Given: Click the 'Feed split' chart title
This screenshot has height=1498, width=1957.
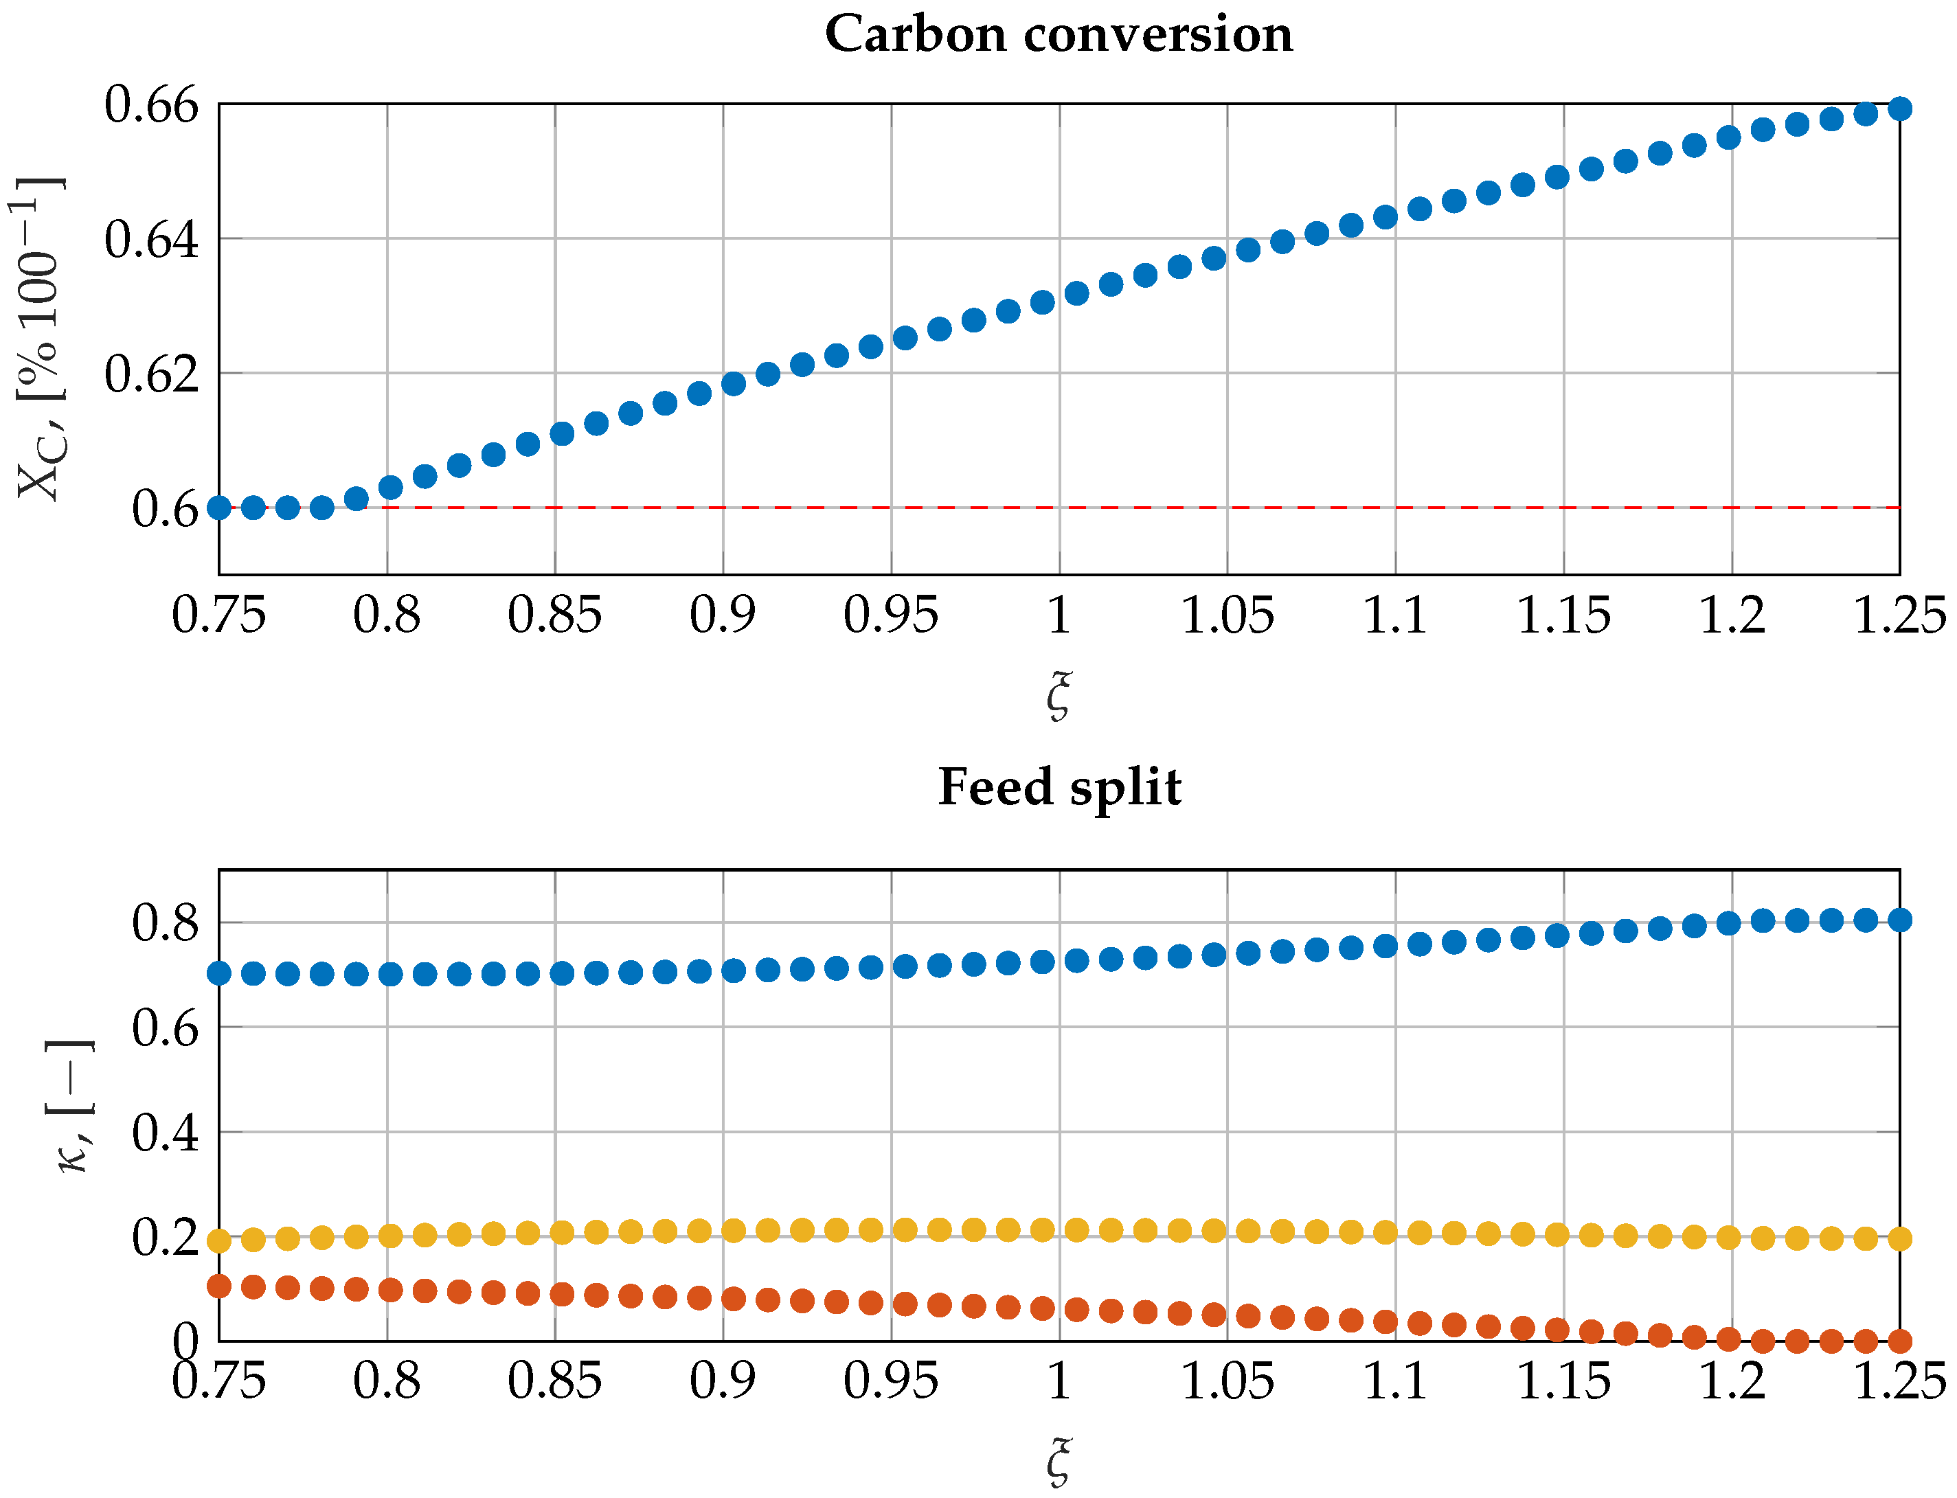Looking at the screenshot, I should tap(1059, 787).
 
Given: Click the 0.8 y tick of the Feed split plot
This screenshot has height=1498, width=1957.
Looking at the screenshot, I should tap(165, 923).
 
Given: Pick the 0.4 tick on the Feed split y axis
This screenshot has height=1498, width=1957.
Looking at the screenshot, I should tap(165, 1133).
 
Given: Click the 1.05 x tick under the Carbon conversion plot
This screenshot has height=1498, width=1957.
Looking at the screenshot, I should tap(1227, 615).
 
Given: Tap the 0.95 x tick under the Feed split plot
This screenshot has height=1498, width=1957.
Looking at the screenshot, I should tap(891, 1381).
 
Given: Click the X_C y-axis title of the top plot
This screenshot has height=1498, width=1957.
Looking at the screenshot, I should tap(40, 339).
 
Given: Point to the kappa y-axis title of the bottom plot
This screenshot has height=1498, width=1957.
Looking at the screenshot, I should tap(71, 1106).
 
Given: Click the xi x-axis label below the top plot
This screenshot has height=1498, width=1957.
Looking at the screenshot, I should tap(1059, 696).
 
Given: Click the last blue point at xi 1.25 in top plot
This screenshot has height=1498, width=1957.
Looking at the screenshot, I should tap(1899, 109).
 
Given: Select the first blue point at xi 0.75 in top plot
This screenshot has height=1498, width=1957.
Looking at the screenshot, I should tap(219, 508).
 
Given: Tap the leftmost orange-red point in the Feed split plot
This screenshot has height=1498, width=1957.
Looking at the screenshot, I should tap(219, 1286).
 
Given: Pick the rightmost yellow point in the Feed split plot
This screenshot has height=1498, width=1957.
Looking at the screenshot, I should tap(1899, 1238).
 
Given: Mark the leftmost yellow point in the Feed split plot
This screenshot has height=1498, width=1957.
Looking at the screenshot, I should tap(219, 1240).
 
